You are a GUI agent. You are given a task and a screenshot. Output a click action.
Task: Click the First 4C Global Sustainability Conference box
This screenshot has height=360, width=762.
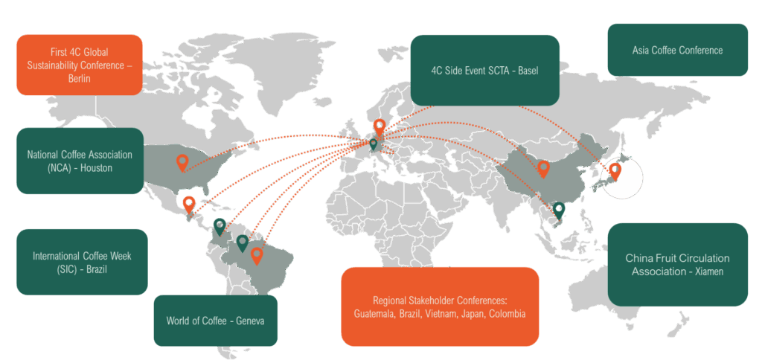[79, 65]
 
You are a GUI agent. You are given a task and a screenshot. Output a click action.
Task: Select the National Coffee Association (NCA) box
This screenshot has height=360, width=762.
[79, 161]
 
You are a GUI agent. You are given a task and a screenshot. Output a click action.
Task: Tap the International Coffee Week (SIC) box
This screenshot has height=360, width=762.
[82, 262]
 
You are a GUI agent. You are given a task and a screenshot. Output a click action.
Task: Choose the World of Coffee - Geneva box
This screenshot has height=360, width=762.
[215, 321]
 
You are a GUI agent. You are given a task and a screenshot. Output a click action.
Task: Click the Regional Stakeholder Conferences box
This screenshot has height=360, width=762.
[440, 306]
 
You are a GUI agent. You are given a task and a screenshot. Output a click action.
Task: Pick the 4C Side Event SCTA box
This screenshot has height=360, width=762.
[484, 70]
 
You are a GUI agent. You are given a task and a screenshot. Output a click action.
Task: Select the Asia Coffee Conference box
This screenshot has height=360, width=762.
[677, 50]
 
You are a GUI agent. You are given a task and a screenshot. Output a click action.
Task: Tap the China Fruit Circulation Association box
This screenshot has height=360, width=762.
[677, 265]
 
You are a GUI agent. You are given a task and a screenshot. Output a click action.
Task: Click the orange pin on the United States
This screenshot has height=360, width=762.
[182, 162]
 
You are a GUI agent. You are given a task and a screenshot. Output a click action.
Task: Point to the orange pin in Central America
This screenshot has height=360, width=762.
[189, 203]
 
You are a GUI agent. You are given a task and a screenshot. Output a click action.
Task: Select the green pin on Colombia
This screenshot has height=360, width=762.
[220, 225]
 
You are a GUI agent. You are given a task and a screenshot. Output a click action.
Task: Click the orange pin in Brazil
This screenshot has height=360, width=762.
[257, 255]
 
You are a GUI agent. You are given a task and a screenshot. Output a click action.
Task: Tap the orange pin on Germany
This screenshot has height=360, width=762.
[380, 126]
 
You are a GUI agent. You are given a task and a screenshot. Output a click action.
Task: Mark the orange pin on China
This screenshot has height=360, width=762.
[543, 168]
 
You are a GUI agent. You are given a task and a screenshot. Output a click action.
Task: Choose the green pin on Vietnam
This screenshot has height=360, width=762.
[559, 210]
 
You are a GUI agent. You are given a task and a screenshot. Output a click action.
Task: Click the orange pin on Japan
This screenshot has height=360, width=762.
[615, 171]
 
